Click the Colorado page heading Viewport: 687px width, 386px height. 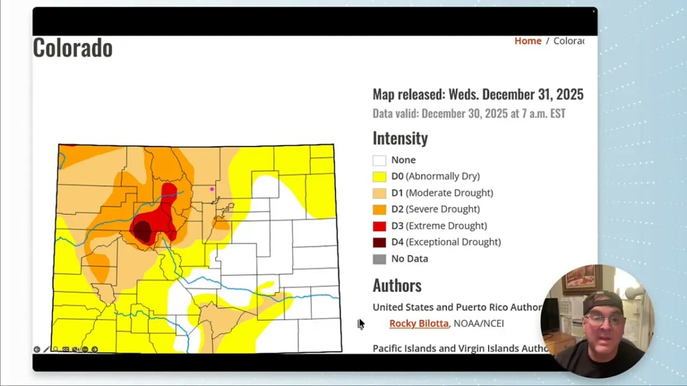pyautogui.click(x=73, y=48)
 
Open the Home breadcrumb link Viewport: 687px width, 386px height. pyautogui.click(x=528, y=41)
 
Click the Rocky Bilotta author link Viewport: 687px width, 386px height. pyautogui.click(x=418, y=324)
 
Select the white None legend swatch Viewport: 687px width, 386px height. pyautogui.click(x=379, y=160)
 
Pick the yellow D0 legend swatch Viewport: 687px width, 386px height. pyautogui.click(x=379, y=177)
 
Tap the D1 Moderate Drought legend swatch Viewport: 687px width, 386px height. pyautogui.click(x=379, y=193)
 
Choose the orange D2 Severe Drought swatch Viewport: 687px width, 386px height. pyautogui.click(x=379, y=209)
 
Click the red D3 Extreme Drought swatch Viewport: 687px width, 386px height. pyautogui.click(x=379, y=226)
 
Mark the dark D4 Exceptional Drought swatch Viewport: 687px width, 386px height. pyautogui.click(x=379, y=242)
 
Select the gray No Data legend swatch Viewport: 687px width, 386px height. pyautogui.click(x=379, y=259)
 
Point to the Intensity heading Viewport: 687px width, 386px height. pyautogui.click(x=400, y=138)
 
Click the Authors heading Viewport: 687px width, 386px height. pyautogui.click(x=397, y=285)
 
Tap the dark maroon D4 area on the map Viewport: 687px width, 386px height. pyautogui.click(x=142, y=231)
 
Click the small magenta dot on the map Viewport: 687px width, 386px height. pyautogui.click(x=212, y=189)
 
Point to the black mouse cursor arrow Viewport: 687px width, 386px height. pyautogui.click(x=361, y=324)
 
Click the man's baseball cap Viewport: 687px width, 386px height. pyautogui.click(x=603, y=301)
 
